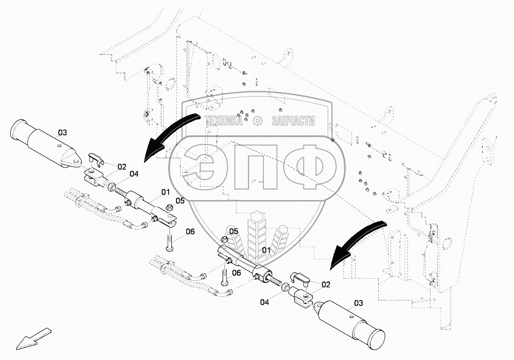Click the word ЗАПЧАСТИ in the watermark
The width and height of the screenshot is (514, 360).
click(x=293, y=121)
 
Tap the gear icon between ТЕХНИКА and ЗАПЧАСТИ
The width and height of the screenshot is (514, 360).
click(x=257, y=120)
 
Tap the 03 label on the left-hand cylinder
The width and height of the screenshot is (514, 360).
click(x=62, y=132)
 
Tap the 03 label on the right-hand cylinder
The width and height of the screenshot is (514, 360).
click(x=359, y=303)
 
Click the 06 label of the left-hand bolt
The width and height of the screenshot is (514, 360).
click(x=190, y=231)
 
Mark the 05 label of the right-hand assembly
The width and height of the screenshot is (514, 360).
click(x=234, y=231)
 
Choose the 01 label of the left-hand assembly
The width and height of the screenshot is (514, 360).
click(x=165, y=192)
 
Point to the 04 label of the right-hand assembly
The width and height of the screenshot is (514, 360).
click(x=264, y=302)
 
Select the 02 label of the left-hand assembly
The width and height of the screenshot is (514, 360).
click(x=122, y=167)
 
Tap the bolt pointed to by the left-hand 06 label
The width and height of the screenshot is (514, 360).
click(x=169, y=240)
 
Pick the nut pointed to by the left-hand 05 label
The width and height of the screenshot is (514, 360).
click(x=169, y=209)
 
